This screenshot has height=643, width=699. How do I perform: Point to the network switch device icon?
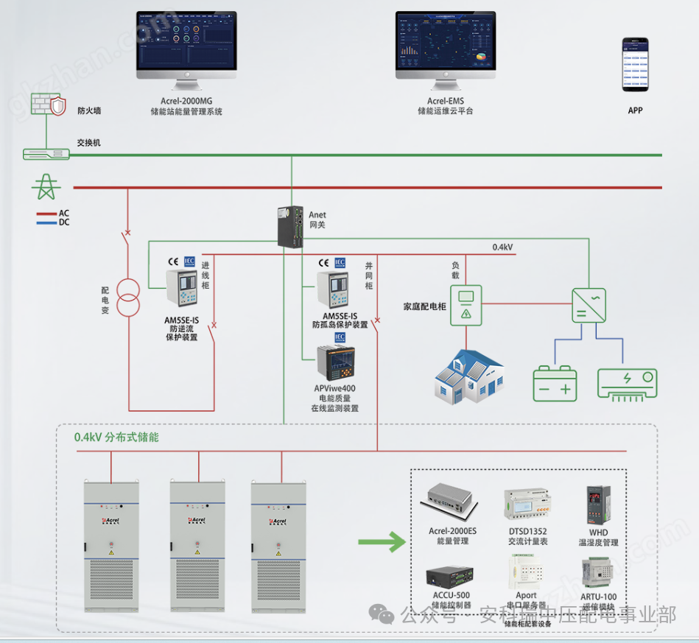pos(46,154)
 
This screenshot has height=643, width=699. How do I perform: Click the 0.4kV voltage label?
pos(502,247)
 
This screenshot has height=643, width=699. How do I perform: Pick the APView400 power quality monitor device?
pos(335,362)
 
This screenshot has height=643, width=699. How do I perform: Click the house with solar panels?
pos(468,375)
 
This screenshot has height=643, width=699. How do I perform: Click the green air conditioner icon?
pos(627,383)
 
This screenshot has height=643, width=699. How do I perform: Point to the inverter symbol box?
pos(594,304)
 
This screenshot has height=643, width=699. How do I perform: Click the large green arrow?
pos(382,544)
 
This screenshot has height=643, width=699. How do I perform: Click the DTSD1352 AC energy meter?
pos(527,506)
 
